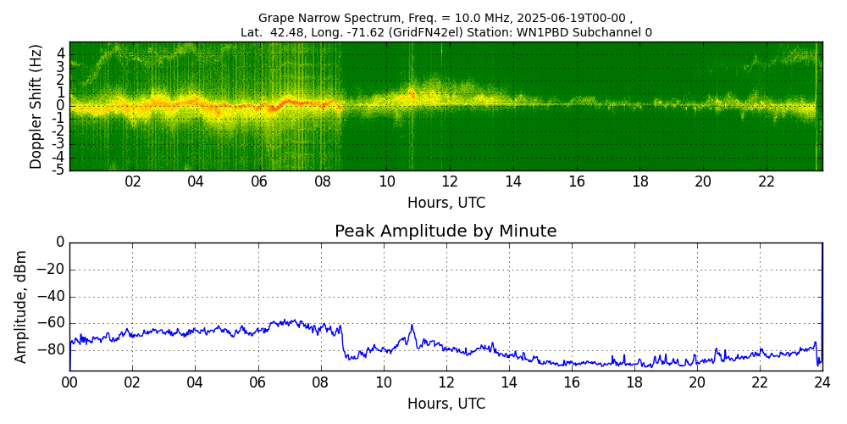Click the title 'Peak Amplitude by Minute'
point(446,232)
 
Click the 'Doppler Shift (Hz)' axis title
point(36,106)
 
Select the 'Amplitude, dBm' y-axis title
point(21,306)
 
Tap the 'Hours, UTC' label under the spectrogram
point(446,204)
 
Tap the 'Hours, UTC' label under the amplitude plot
point(446,404)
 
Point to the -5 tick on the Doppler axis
point(59,170)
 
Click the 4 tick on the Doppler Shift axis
point(61,53)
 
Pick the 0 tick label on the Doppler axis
point(61,106)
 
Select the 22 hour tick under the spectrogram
point(767,181)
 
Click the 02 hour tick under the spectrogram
point(133,181)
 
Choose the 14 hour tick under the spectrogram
point(513,181)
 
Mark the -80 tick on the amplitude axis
point(51,349)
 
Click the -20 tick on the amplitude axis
point(51,270)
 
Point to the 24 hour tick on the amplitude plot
point(822,382)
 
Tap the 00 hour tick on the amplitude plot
point(69,382)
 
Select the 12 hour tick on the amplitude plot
point(446,382)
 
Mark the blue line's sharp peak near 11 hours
point(412,325)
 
